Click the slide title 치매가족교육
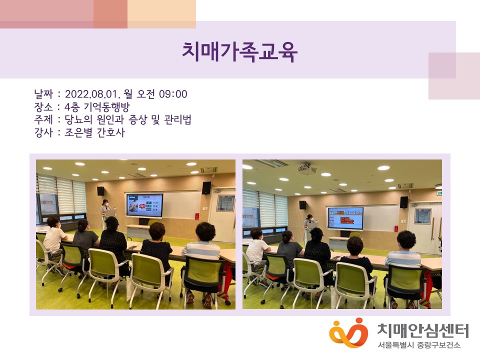click(239, 52)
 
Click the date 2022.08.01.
click(91, 94)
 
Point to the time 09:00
click(173, 94)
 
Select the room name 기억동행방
click(106, 107)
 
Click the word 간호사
click(111, 132)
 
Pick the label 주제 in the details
click(43, 119)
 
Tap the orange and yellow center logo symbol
click(348, 332)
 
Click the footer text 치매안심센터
click(423, 330)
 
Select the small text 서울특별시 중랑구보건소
click(419, 345)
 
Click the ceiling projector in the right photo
click(307, 169)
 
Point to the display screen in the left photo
click(145, 205)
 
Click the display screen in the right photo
click(346, 218)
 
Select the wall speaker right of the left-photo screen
click(206, 188)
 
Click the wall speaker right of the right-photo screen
click(404, 202)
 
